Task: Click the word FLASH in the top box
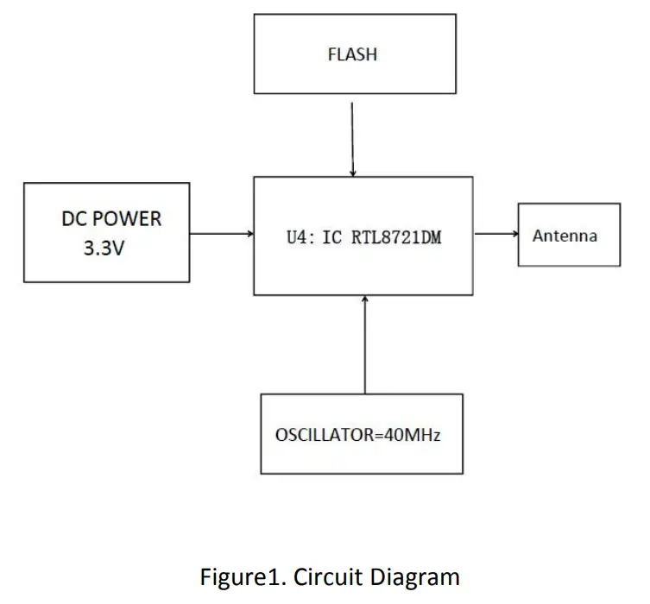tap(352, 54)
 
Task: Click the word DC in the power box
tap(73, 218)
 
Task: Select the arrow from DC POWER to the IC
tap(221, 233)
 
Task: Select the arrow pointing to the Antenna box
tap(495, 233)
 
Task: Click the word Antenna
tap(565, 236)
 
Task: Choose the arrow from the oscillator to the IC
tap(365, 344)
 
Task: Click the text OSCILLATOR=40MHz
tap(357, 435)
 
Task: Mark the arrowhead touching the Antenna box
tap(514, 233)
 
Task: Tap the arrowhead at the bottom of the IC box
tap(365, 299)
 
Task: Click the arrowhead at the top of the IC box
tap(352, 173)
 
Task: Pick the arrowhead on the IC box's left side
tap(249, 233)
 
